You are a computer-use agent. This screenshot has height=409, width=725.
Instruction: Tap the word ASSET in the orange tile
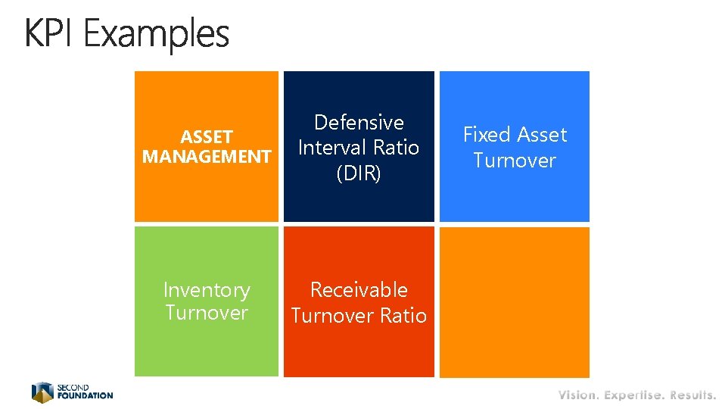pos(206,137)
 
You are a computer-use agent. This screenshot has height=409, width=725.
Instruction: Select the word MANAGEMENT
pos(207,157)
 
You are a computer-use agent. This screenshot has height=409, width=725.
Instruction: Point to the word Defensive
pos(359,123)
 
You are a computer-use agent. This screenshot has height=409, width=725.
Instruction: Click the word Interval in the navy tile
pos(330,148)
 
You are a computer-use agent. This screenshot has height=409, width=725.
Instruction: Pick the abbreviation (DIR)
pos(359,173)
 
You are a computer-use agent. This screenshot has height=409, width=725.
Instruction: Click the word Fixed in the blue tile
pos(487,135)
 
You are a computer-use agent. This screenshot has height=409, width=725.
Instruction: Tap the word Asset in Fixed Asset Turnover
pos(541,135)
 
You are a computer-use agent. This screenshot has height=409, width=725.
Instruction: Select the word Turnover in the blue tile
pos(515,161)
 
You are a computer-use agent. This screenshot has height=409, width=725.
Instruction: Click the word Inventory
pos(207,290)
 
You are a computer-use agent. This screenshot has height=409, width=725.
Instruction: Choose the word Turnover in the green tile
pos(207,313)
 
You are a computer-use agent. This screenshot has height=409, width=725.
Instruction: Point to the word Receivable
pos(359,290)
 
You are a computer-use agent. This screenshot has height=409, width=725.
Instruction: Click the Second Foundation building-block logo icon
pos(42,392)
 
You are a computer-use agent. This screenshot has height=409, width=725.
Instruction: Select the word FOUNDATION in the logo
pos(85,395)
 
